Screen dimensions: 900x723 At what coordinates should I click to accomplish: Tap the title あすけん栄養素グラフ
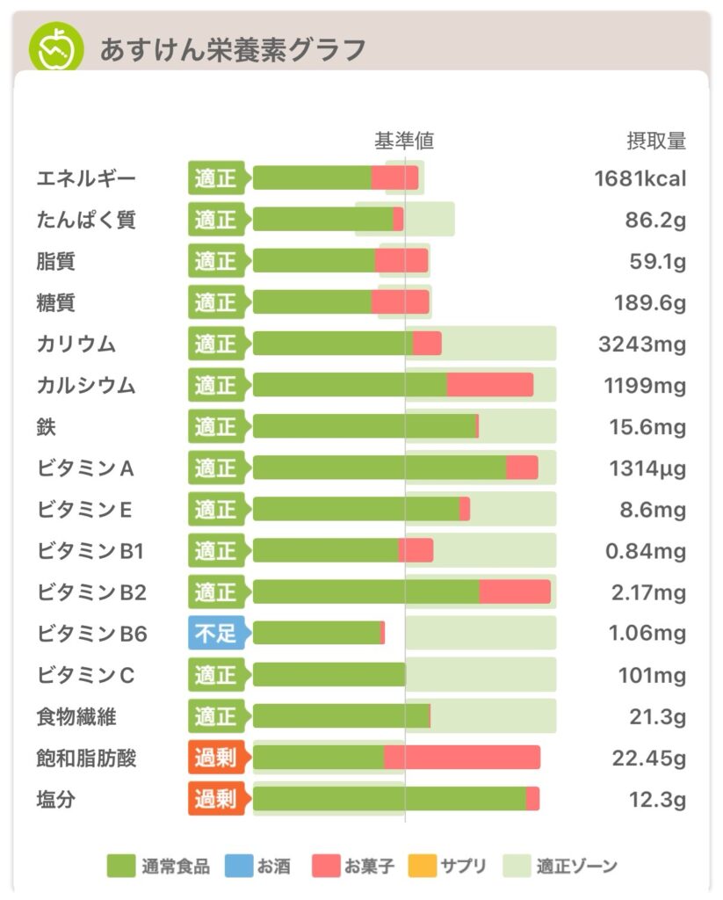coord(232,50)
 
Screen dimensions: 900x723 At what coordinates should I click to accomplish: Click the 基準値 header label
coord(404,141)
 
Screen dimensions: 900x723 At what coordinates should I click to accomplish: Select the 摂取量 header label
coord(656,141)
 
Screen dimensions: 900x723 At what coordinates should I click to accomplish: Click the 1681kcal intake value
coord(640,178)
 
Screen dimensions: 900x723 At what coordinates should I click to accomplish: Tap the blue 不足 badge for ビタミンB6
coord(215,633)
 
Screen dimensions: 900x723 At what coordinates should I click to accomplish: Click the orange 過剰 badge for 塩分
coord(215,799)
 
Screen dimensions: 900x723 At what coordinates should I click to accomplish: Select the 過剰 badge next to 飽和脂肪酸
coord(215,758)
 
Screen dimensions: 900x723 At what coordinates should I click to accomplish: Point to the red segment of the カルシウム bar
coord(489,385)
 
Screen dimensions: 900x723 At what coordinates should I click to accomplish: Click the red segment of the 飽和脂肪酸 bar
coord(461,758)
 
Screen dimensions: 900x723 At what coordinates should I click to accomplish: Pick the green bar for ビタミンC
coord(329,675)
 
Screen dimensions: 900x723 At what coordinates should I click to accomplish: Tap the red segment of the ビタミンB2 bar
coord(515,592)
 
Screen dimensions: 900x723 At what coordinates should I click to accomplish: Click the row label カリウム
coord(76,344)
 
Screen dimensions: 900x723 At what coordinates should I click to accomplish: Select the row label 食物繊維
coord(76,716)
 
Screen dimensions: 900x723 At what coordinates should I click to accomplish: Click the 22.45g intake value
coord(648,758)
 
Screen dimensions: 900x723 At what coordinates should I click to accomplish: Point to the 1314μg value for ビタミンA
coord(647,468)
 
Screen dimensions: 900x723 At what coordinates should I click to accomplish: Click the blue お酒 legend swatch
coord(237,867)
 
